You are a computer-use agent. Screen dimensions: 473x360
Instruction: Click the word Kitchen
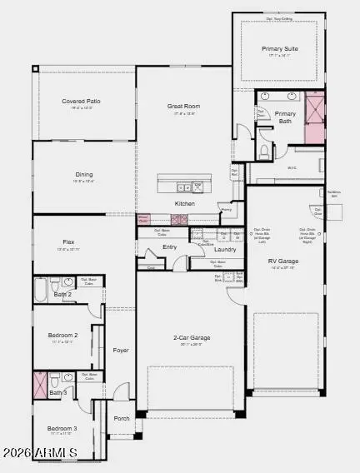click(x=184, y=204)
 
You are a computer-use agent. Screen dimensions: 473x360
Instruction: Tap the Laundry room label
click(x=225, y=249)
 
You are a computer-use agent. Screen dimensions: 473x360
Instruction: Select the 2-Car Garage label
click(x=191, y=338)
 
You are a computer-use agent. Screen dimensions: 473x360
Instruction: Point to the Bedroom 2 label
click(x=62, y=336)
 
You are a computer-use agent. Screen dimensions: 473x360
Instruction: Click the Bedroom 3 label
click(x=62, y=428)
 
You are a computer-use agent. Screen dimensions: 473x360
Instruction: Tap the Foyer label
click(x=121, y=351)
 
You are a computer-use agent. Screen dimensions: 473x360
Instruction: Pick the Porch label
click(x=121, y=418)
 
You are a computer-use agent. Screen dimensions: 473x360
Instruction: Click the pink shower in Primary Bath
click(x=315, y=117)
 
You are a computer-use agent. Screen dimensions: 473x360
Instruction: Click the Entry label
click(x=170, y=246)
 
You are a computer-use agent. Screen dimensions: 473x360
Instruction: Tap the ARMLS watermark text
click(x=53, y=453)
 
